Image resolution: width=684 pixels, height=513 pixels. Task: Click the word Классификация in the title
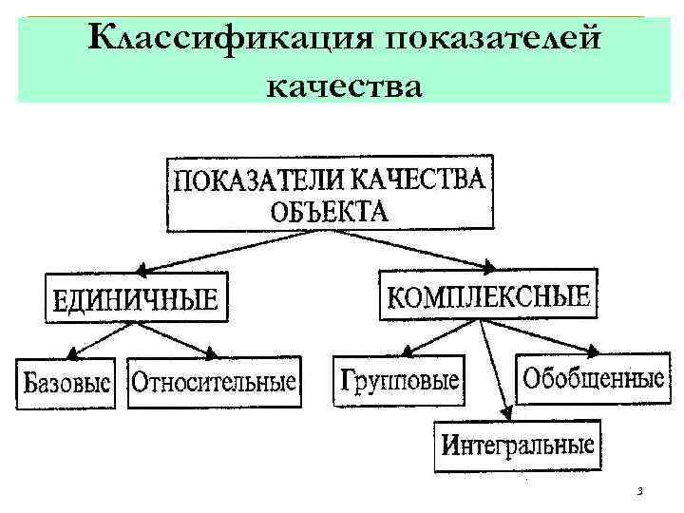223,40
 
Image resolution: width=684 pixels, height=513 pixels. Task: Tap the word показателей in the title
494,40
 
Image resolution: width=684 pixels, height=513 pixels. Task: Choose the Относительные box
214,382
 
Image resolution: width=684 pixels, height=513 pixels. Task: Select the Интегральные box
518,445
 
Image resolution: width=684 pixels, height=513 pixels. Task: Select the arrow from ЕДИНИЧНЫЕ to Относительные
180,338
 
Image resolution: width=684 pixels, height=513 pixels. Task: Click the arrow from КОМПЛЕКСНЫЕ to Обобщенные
541,337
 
